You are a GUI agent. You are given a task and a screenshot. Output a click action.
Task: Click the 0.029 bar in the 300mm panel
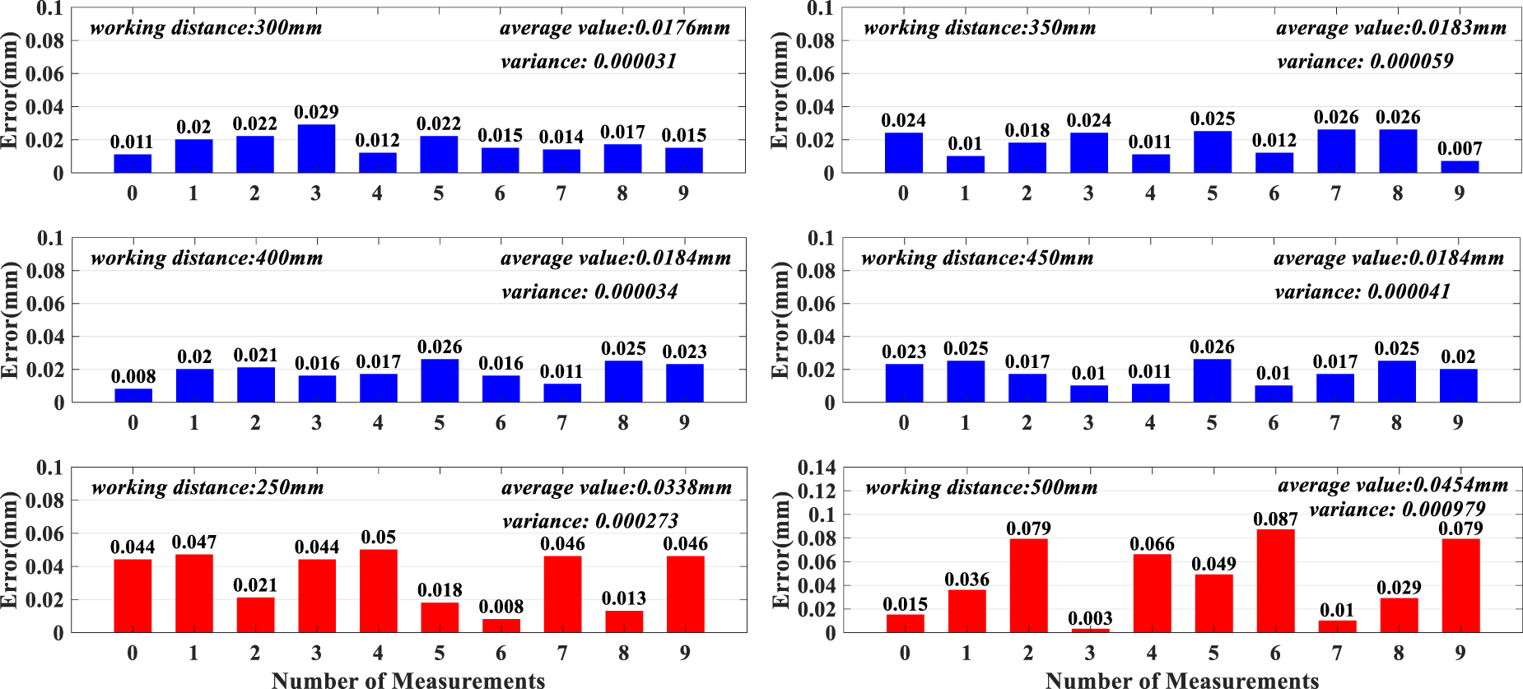316,149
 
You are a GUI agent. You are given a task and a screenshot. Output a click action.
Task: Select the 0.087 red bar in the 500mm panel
1275,581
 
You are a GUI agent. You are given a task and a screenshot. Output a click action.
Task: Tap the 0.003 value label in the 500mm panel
1090,618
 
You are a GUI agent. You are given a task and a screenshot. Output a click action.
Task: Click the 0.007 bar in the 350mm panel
1460,167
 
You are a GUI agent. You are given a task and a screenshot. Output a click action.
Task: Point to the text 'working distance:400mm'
207,258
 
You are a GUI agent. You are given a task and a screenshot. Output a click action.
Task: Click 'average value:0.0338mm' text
617,488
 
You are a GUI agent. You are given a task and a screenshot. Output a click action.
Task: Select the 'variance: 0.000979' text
1397,510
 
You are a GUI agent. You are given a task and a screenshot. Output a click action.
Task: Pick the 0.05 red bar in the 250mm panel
379,591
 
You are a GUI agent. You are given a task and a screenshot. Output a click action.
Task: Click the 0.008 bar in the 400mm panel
133,396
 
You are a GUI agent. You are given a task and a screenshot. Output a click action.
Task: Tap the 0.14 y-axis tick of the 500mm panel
817,468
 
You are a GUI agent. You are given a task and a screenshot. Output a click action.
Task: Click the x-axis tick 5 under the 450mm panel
1212,423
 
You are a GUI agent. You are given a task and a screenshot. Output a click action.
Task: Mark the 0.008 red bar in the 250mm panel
501,626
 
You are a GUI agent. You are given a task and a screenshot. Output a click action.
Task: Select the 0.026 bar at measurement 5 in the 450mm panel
1212,381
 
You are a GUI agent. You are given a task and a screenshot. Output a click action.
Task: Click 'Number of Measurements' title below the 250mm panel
408,680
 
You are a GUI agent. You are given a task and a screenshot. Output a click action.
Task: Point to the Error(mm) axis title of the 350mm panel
779,91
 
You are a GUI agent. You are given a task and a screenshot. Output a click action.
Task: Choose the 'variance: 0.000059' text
1365,62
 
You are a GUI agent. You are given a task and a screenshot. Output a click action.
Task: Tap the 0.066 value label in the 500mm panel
1152,544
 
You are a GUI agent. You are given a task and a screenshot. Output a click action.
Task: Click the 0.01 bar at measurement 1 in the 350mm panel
965,165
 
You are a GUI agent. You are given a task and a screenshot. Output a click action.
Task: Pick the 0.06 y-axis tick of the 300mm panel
44,74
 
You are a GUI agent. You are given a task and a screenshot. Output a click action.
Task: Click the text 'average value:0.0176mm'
615,28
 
